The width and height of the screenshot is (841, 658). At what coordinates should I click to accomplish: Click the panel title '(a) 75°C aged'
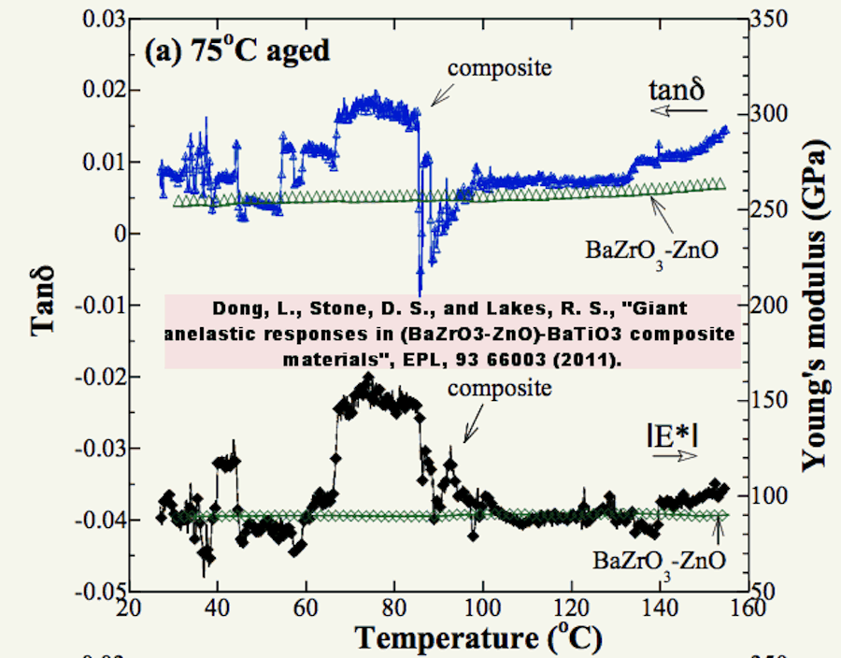pos(237,50)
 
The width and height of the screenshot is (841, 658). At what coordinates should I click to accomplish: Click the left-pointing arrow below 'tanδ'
pos(679,110)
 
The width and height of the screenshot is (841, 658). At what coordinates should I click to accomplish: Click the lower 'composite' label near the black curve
pos(500,388)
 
